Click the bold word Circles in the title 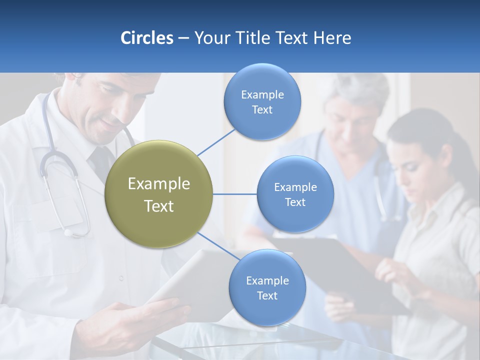pyautogui.click(x=147, y=38)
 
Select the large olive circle pyautogui.click(x=159, y=194)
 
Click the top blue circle pyautogui.click(x=262, y=102)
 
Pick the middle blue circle pyautogui.click(x=295, y=194)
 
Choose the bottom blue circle pyautogui.click(x=267, y=288)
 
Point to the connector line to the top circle pyautogui.click(x=216, y=142)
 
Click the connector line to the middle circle pyautogui.click(x=235, y=194)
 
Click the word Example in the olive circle pyautogui.click(x=159, y=184)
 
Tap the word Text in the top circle pyautogui.click(x=262, y=110)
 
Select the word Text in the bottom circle pyautogui.click(x=267, y=296)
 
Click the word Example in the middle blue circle pyautogui.click(x=295, y=187)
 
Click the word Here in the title pyautogui.click(x=332, y=38)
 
